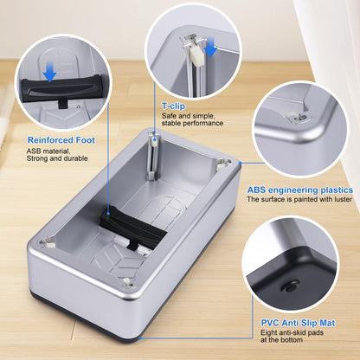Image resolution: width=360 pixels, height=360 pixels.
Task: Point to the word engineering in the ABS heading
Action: (x=297, y=190)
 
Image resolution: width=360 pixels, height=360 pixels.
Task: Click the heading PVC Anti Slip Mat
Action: (x=294, y=323)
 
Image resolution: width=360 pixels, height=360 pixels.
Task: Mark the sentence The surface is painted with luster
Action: (x=299, y=200)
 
